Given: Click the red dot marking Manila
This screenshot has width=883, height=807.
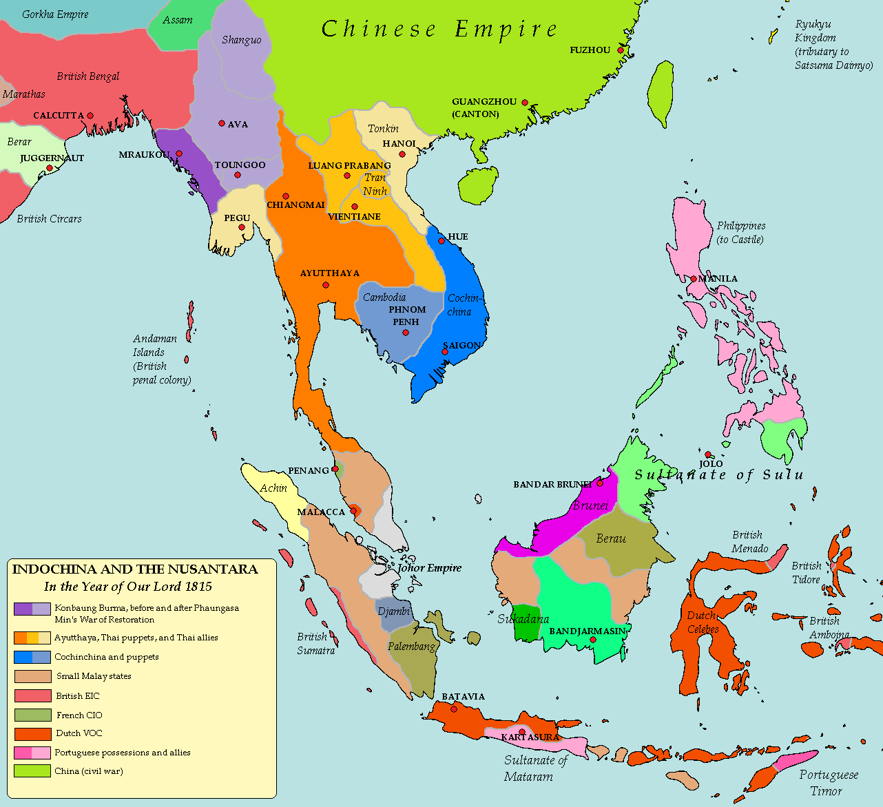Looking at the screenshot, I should pos(694,279).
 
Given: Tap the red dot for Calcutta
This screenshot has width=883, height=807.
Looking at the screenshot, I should pos(90,116).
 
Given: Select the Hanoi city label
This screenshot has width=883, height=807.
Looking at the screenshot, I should pos(399,143).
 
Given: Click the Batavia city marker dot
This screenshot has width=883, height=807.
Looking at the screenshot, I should pos(454,709).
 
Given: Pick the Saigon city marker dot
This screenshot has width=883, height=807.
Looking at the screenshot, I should pos(445,352).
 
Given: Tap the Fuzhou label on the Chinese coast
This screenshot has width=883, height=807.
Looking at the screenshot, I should pos(590,50).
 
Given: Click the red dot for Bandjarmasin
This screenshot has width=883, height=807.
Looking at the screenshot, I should pos(592,640).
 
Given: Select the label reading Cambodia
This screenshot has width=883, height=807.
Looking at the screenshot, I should pos(384,297).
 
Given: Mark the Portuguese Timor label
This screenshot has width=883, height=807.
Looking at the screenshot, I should pos(829,782).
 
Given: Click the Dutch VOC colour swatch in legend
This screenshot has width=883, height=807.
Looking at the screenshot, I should pos(32,734).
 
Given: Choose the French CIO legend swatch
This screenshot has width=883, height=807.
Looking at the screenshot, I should pos(32,715).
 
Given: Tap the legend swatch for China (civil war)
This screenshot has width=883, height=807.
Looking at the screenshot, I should pos(32,771).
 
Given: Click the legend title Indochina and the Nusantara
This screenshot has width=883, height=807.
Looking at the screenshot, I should pos(135,569).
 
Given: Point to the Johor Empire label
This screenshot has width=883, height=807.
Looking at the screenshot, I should pos(429,568).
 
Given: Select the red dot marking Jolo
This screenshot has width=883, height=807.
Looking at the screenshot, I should pos(708,454).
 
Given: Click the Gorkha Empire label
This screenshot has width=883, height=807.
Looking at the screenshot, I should pos(55,14).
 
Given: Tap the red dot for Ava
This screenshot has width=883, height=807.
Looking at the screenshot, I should pos(222,124).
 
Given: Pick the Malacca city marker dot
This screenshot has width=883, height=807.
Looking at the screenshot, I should pos(354,510).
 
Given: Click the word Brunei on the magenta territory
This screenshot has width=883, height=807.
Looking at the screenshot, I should pos(590,505).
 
